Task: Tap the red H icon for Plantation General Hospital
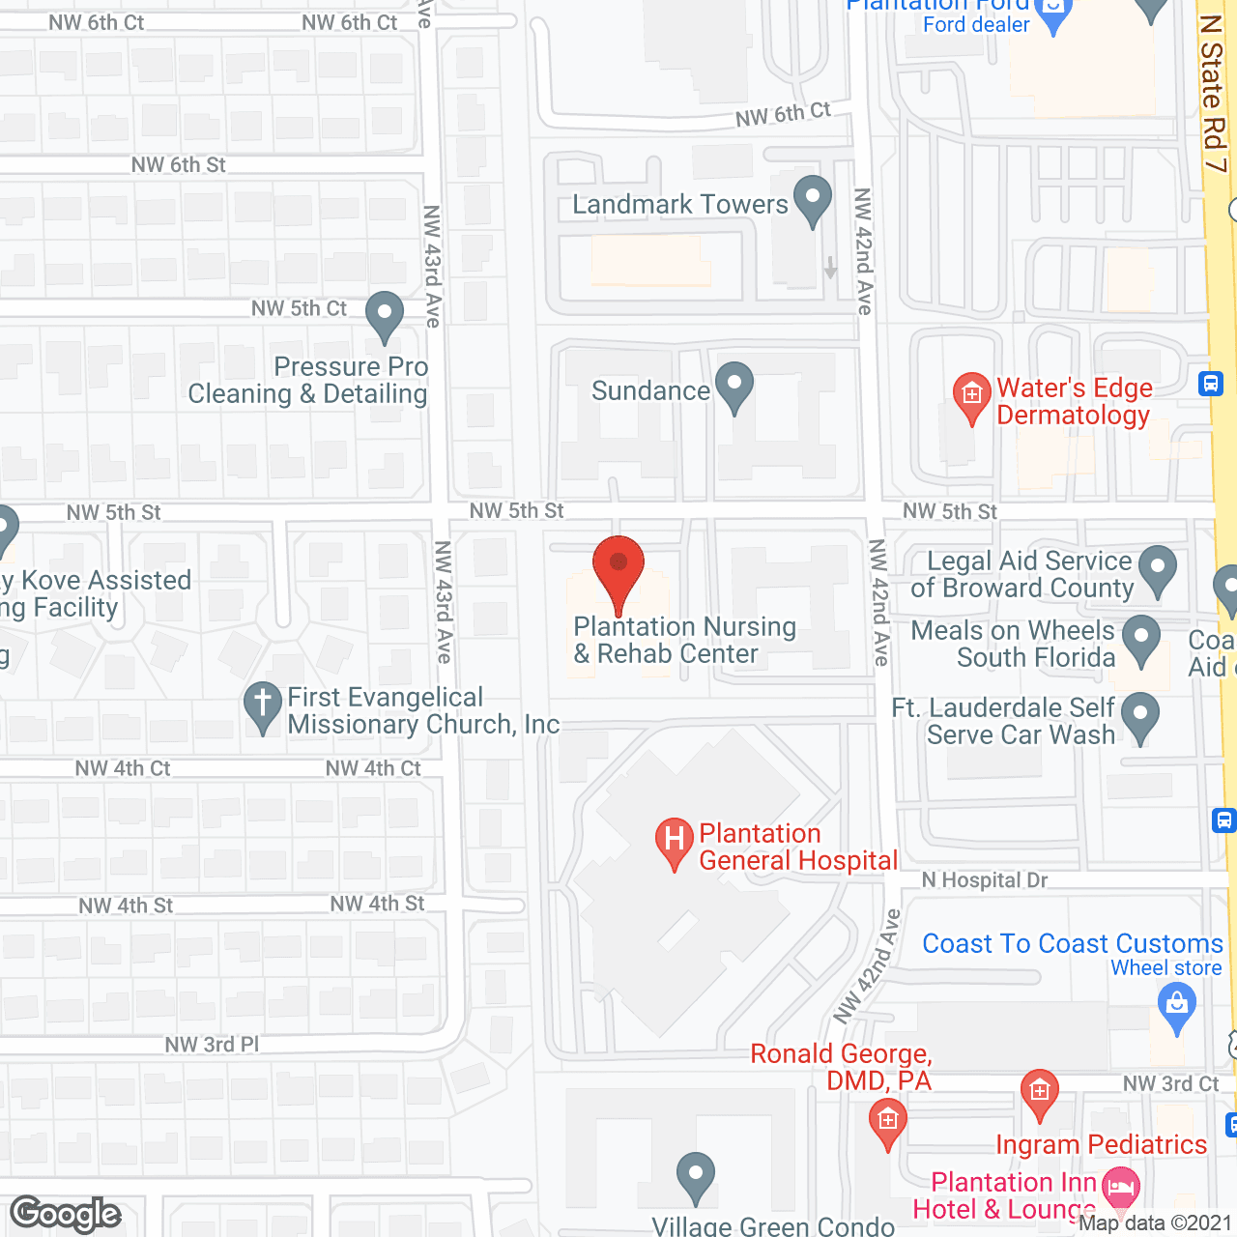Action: pyautogui.click(x=675, y=841)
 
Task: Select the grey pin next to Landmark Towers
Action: pyautogui.click(x=812, y=200)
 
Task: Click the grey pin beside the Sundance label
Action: pyautogui.click(x=734, y=386)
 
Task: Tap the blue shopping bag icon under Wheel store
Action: pyautogui.click(x=1176, y=1006)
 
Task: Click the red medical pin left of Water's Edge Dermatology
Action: pyautogui.click(x=972, y=396)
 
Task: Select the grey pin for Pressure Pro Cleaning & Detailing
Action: pyautogui.click(x=385, y=315)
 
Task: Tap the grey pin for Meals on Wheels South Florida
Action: pyautogui.click(x=1141, y=639)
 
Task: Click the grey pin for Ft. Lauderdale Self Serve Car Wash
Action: pyautogui.click(x=1141, y=717)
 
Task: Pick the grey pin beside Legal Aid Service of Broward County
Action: pyautogui.click(x=1158, y=569)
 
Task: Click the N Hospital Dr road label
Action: pyautogui.click(x=984, y=880)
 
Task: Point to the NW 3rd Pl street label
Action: pyautogui.click(x=212, y=1045)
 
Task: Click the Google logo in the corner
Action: pyautogui.click(x=66, y=1214)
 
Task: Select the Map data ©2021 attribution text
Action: pyautogui.click(x=1155, y=1223)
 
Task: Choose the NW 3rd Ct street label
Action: pyautogui.click(x=1170, y=1084)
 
